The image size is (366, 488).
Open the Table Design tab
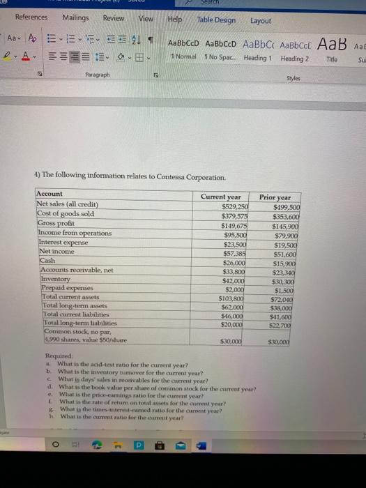216,20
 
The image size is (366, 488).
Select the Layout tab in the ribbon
261,21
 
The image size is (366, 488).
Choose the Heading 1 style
257,57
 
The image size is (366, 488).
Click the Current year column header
220,197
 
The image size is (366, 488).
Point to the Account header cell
49,193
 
